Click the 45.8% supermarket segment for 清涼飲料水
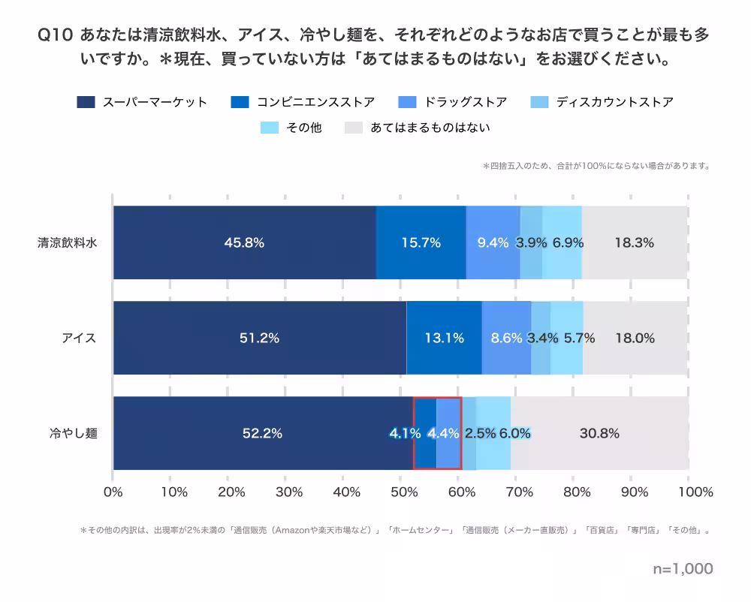[x=244, y=242]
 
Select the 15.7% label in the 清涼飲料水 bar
[x=421, y=242]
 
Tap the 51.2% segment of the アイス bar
[x=259, y=338]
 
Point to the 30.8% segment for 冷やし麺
[x=599, y=433]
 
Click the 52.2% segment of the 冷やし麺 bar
[x=262, y=433]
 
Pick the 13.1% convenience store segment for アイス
[x=444, y=338]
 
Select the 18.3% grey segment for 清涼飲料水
[x=634, y=242]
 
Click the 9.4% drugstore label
[x=493, y=242]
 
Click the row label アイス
[x=79, y=338]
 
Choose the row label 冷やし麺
[x=74, y=433]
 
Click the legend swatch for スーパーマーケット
[x=86, y=102]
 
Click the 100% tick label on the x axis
[x=695, y=492]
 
